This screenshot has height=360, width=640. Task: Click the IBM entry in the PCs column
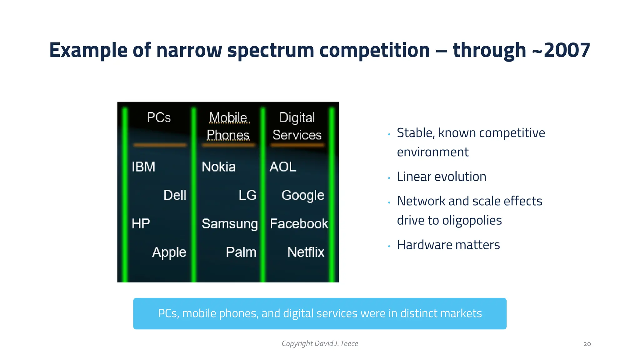[x=143, y=167]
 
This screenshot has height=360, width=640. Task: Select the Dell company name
[x=175, y=195]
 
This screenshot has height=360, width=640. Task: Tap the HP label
[x=141, y=224]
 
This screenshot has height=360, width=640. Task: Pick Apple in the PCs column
[x=169, y=252]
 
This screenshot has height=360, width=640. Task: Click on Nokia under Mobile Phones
[x=218, y=167]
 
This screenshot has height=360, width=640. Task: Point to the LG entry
[x=247, y=195]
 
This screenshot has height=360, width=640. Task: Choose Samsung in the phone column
[x=230, y=224]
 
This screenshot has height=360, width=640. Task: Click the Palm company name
[x=241, y=252]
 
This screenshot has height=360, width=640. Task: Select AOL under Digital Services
[x=283, y=167]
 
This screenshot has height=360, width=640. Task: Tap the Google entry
[x=302, y=195]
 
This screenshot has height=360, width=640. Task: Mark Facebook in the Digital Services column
[x=299, y=224]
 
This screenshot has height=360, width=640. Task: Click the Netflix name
[x=306, y=252]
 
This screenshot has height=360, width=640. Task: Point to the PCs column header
[x=159, y=118]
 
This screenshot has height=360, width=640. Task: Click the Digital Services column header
[x=297, y=126]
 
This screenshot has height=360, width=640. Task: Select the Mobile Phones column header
[x=228, y=126]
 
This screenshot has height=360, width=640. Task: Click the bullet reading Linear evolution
[x=441, y=177]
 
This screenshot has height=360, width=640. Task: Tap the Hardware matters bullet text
[x=448, y=245]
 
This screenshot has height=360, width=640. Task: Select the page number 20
[x=587, y=344]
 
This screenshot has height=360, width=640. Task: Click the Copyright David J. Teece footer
[x=320, y=343]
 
